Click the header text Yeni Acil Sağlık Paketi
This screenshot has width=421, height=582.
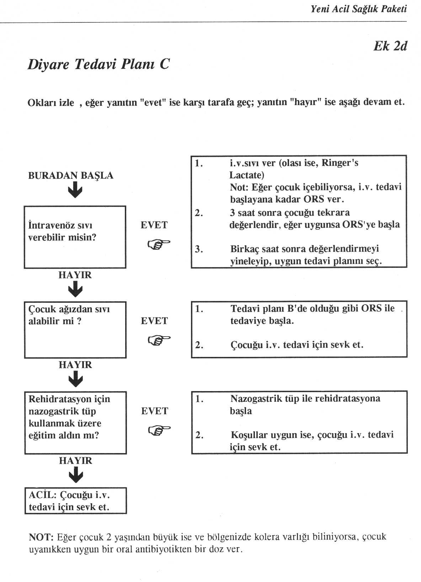click(358, 10)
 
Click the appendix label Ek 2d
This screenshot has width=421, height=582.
click(390, 47)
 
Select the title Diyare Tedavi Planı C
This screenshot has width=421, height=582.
click(98, 64)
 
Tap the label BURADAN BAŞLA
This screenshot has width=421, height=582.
click(70, 176)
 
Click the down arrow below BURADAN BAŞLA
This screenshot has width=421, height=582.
click(75, 190)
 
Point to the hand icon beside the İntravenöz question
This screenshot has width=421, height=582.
click(159, 244)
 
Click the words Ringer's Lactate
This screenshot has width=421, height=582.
click(294, 169)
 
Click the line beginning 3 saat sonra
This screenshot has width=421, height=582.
click(290, 213)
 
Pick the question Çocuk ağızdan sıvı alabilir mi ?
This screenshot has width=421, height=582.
click(69, 315)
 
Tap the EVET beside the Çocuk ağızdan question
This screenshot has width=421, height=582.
click(154, 321)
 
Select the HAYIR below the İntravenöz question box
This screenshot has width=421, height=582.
click(75, 275)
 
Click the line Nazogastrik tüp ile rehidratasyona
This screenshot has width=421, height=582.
click(305, 399)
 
